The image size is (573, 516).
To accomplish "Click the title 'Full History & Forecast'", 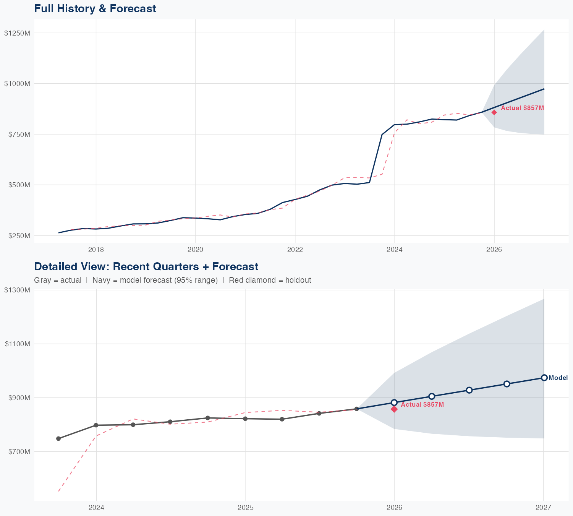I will (95, 8).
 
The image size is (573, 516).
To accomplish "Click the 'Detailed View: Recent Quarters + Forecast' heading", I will (146, 266).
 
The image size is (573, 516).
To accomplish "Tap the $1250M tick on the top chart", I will (17, 33).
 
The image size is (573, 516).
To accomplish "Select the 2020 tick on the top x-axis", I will (195, 250).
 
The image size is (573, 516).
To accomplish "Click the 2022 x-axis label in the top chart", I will (295, 250).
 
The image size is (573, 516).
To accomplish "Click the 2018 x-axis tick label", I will (96, 250).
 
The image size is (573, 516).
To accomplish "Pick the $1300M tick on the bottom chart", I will (17, 290).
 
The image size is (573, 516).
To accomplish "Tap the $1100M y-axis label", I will (17, 344).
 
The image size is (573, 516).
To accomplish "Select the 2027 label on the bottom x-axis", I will (543, 508).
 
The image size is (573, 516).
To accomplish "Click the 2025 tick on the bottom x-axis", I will (245, 508).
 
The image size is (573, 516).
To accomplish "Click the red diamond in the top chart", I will (494, 112).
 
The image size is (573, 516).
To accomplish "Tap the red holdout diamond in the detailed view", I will (394, 409).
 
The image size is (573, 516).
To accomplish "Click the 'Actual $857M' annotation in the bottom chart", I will (422, 404).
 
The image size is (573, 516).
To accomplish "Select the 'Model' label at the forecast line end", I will (558, 378).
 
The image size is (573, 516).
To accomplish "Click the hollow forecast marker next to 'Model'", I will (544, 378).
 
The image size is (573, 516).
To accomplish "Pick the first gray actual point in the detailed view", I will (58, 438).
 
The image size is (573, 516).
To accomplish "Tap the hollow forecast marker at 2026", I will (394, 402).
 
